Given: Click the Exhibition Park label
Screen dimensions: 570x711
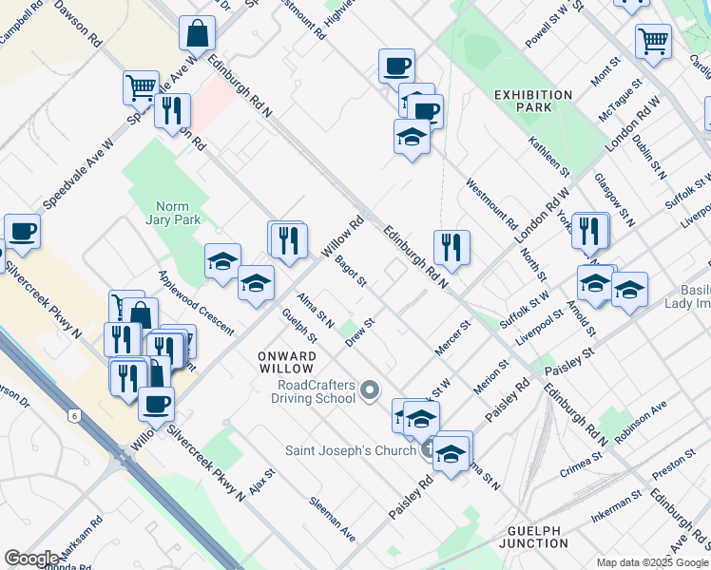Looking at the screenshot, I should [533, 101].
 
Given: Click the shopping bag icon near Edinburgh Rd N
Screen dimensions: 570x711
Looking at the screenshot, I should [198, 33].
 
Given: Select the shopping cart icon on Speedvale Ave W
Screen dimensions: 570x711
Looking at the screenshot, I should [141, 87].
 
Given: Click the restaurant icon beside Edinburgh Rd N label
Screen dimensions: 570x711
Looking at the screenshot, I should [452, 247].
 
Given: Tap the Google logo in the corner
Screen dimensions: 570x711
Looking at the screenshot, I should [31, 558].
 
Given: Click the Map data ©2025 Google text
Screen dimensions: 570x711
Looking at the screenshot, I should [651, 561].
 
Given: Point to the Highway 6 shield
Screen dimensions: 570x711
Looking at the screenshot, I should [73, 416].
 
